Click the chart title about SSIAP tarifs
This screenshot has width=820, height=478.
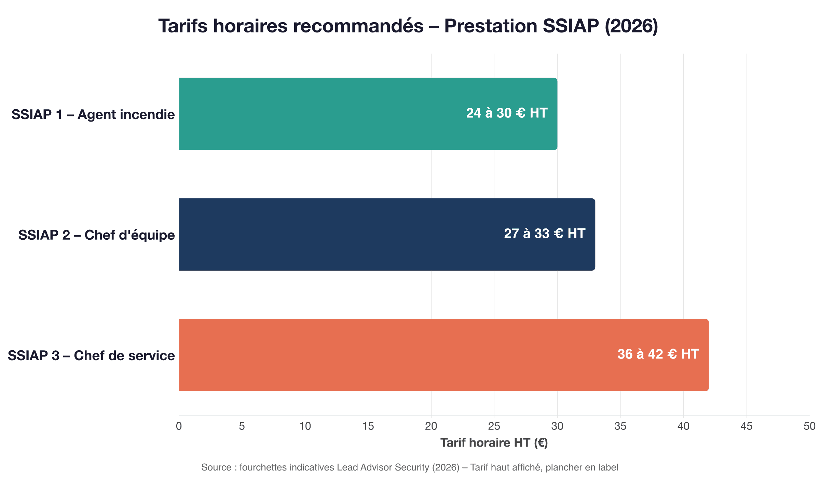click(x=408, y=26)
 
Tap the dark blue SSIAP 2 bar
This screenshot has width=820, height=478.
click(x=342, y=235)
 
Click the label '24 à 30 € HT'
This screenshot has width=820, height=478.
click(x=507, y=113)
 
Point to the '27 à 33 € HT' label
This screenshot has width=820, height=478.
click(x=545, y=234)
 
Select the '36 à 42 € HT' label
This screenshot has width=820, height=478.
click(x=658, y=354)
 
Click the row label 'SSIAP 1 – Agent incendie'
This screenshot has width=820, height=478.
click(x=93, y=115)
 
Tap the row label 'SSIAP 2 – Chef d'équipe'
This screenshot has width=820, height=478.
click(x=96, y=235)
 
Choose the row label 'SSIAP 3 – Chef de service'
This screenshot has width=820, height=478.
click(x=91, y=356)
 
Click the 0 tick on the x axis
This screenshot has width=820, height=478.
click(x=179, y=426)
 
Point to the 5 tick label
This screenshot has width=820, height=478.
click(x=242, y=426)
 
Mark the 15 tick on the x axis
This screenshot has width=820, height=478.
click(x=368, y=426)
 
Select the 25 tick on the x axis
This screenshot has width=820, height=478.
click(x=494, y=426)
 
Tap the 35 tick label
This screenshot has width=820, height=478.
click(x=620, y=426)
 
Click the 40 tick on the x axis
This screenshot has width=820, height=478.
click(x=683, y=426)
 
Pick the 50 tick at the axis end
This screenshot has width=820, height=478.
click(x=809, y=426)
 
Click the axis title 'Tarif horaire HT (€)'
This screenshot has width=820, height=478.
click(x=494, y=443)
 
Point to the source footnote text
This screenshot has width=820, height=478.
click(x=410, y=467)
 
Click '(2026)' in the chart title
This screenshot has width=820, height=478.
click(x=631, y=26)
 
